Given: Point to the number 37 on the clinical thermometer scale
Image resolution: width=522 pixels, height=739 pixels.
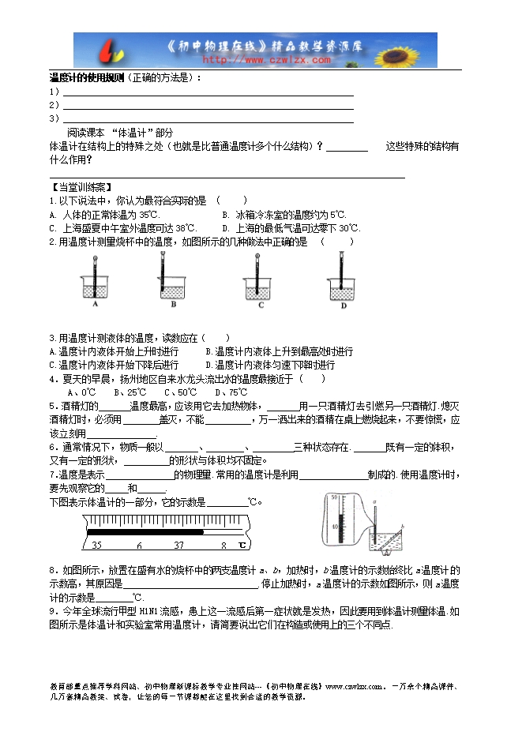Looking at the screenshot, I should coord(178,545).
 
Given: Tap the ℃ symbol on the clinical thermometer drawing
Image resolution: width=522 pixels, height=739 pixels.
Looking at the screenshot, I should coord(242,545).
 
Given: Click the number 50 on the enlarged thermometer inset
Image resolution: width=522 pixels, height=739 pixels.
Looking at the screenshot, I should coord(335,498).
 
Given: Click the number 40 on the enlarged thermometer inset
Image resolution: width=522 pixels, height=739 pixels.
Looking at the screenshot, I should coord(335,525).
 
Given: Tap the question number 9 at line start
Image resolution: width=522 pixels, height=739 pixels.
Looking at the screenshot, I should coord(52,611).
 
